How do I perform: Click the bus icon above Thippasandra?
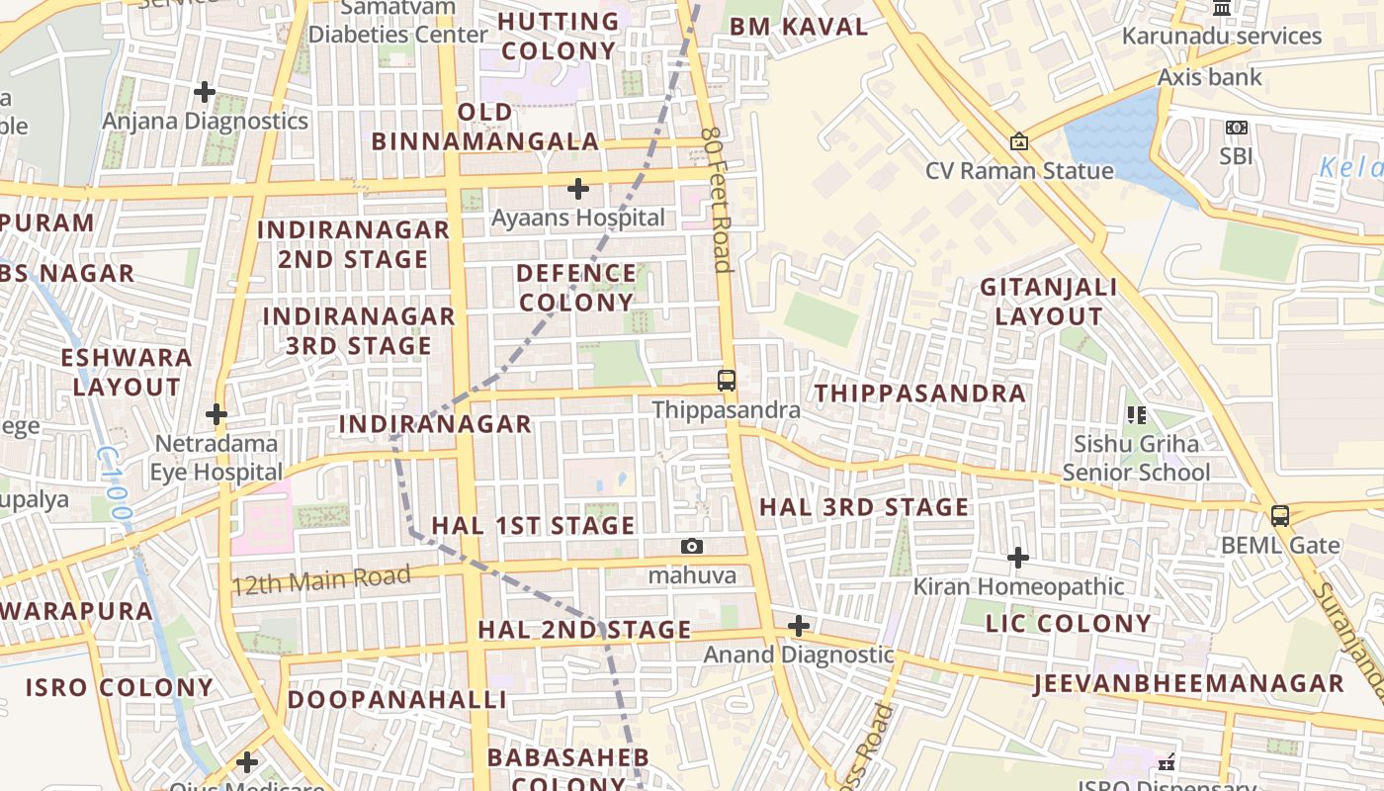[726, 380]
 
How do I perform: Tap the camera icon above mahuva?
[692, 546]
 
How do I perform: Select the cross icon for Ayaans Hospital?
[578, 188]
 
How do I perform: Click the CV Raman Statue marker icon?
[1018, 142]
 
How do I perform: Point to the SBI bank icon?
[1236, 128]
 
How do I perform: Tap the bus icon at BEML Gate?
[1279, 515]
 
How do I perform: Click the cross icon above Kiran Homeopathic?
[1017, 559]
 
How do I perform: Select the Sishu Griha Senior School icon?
[1136, 415]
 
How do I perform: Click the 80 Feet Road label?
[716, 199]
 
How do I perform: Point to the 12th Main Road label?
[320, 579]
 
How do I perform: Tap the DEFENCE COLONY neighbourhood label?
[576, 288]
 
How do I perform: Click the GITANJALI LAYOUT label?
[1048, 302]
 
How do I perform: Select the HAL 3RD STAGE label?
[863, 507]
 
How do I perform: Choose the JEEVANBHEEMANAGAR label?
[1188, 683]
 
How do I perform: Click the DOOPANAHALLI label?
[396, 700]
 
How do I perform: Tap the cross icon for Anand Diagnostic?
[798, 626]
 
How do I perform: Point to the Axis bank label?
[1209, 77]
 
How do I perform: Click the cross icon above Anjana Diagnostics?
[205, 92]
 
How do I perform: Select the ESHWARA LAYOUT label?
[127, 372]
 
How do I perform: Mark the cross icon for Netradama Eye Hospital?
[216, 413]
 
